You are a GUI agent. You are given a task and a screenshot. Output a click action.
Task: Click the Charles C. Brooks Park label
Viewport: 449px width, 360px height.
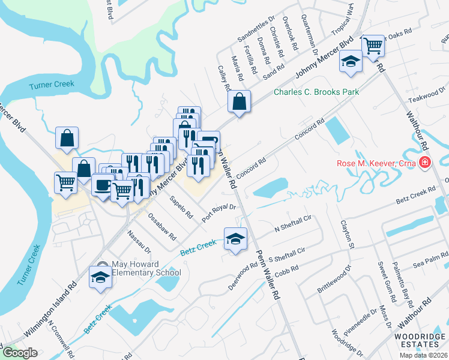pyautogui.click(x=316, y=92)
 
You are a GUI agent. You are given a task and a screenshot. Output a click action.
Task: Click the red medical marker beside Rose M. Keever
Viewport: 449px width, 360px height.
pyautogui.click(x=425, y=161)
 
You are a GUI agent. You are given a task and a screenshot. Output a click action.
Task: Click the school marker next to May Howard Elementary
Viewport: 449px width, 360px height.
pyautogui.click(x=100, y=277)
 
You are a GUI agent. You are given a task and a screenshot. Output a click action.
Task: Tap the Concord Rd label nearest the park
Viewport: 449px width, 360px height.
pyautogui.click(x=309, y=130)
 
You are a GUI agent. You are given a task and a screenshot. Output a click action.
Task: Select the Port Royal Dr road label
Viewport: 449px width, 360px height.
pyautogui.click(x=220, y=213)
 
